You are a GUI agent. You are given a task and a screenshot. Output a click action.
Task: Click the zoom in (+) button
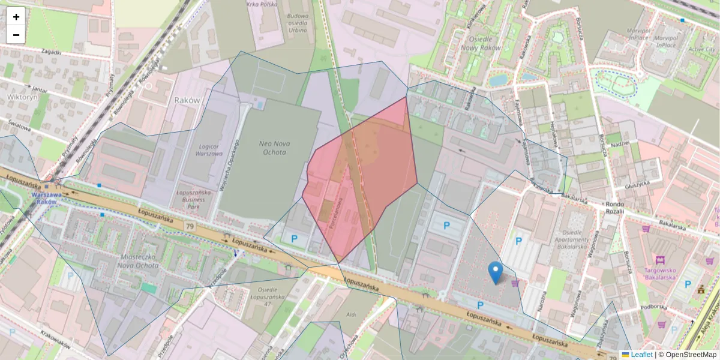click(16, 17)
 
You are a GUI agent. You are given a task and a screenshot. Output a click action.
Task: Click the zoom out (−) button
click(16, 35)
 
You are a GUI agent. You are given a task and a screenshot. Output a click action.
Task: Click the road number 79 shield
click(190, 226)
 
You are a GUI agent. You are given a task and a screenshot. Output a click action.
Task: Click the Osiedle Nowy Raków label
click(479, 43)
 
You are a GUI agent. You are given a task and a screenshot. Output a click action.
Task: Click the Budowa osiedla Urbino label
click(297, 23)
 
